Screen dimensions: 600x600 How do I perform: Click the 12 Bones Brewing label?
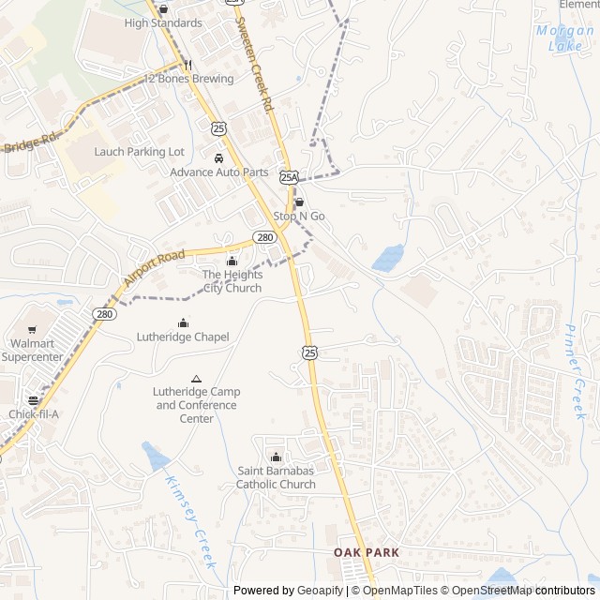click(189, 79)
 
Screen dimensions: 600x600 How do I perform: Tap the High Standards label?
click(162, 22)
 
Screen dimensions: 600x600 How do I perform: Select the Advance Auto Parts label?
click(218, 172)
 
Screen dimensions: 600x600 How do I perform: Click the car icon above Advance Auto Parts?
click(218, 158)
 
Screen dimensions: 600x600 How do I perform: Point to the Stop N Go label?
click(299, 217)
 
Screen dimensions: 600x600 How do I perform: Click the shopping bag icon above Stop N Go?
click(299, 202)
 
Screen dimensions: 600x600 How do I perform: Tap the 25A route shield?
click(289, 176)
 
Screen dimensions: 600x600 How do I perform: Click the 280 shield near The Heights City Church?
click(263, 238)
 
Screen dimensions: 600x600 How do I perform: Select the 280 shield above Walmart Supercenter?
click(104, 314)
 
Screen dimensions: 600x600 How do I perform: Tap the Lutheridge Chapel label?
click(183, 337)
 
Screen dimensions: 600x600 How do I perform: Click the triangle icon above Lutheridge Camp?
click(196, 378)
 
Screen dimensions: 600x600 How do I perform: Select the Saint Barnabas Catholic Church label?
click(276, 477)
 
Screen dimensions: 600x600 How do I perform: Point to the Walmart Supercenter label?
click(32, 350)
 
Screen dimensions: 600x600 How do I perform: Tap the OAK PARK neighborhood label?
click(367, 553)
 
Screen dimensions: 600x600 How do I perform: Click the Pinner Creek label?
click(576, 371)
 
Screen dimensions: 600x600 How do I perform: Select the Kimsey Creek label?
click(190, 522)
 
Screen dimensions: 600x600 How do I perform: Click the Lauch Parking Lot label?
click(139, 152)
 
